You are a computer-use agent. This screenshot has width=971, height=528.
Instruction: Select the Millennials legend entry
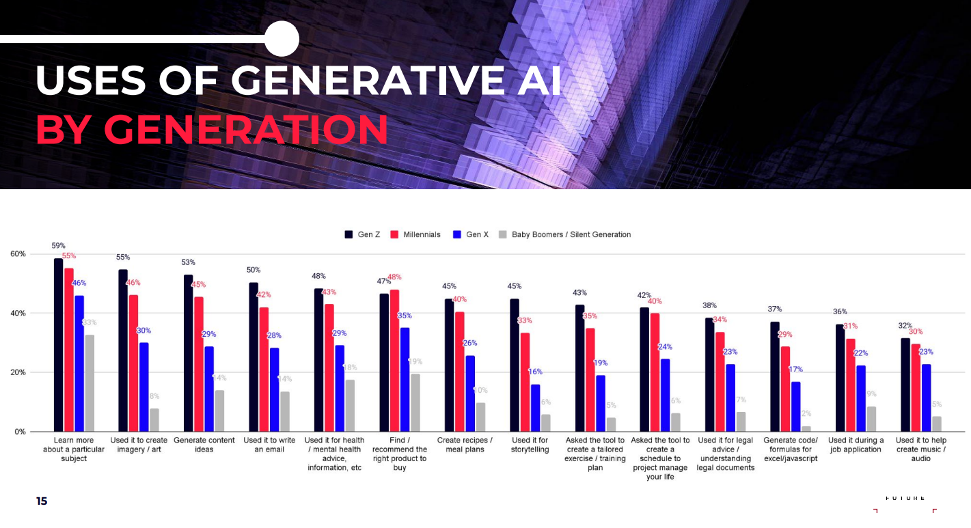[x=416, y=234]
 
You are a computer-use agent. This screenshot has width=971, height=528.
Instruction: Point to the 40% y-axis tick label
[x=18, y=313]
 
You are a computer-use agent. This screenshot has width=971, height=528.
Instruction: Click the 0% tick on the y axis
[x=20, y=432]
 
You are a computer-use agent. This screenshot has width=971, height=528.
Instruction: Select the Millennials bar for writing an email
[x=264, y=370]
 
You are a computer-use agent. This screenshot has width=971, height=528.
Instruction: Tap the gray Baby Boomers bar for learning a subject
[x=90, y=383]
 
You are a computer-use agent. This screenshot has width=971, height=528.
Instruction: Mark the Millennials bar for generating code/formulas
[x=786, y=389]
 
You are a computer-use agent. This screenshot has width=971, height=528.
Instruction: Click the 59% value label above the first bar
[x=58, y=246]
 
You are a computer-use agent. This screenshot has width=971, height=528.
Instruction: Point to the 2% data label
[x=806, y=413]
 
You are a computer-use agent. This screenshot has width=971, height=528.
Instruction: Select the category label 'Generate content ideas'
[x=204, y=445]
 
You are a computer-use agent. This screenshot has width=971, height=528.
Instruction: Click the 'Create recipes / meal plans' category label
[x=465, y=445]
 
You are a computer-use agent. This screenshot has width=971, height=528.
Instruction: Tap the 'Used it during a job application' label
[x=856, y=445]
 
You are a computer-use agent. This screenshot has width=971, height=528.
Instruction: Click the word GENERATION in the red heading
[x=246, y=129]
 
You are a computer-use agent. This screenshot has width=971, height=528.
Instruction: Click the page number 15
[x=42, y=501]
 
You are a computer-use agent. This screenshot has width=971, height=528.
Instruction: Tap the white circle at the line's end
[x=282, y=39]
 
